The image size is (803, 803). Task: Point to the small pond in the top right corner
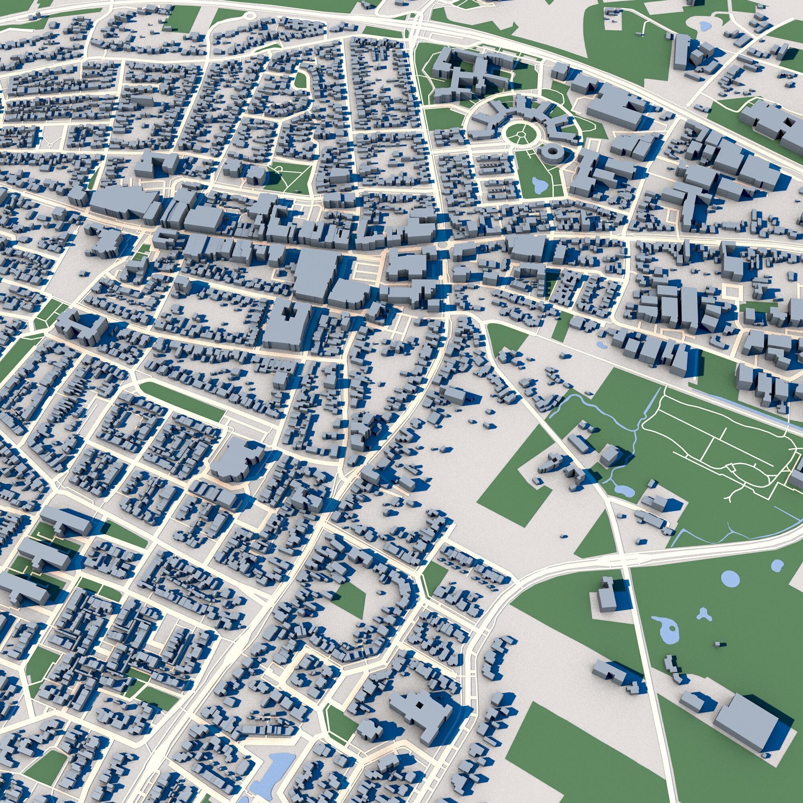[705, 26]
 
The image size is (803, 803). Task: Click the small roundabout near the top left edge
[249, 16]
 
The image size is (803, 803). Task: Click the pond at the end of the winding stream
[624, 491]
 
